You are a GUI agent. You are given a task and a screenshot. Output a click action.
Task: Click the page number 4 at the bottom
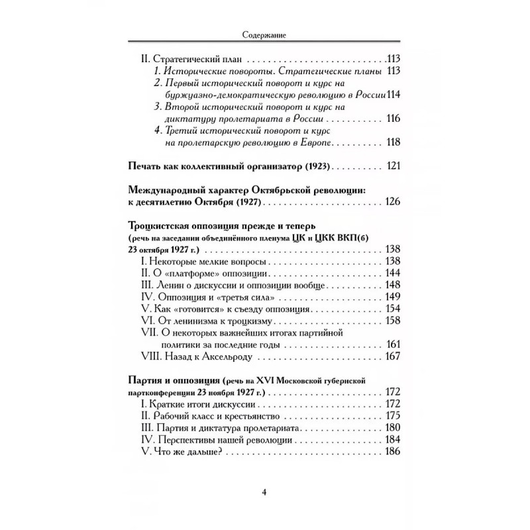click(264, 492)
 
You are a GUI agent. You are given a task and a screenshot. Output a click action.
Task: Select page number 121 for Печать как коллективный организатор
click(394, 166)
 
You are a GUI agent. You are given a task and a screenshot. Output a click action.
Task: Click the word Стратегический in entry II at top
click(179, 58)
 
